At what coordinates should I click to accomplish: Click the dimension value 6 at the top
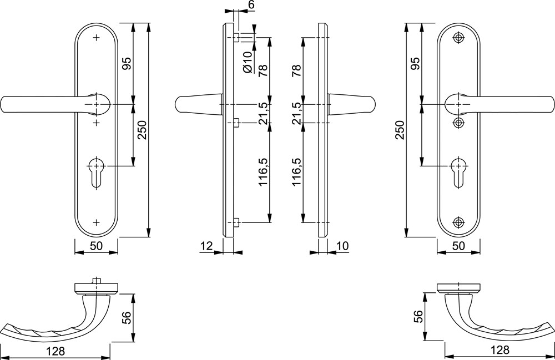[251, 5]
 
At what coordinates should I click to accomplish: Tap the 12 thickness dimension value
[206, 245]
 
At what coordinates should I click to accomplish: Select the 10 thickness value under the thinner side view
[342, 245]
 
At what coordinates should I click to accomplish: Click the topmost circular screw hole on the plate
[459, 38]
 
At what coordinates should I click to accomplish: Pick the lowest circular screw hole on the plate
[459, 222]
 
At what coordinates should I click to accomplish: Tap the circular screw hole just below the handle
[459, 123]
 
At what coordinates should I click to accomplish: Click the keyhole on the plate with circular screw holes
[459, 172]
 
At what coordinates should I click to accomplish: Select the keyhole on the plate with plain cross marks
[96, 172]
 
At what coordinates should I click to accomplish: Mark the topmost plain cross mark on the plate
[96, 38]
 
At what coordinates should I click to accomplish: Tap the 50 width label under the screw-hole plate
[458, 245]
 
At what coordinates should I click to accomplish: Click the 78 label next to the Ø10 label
[263, 71]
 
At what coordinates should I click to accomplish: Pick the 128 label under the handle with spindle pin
[56, 351]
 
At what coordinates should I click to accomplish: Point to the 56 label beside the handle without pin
[418, 316]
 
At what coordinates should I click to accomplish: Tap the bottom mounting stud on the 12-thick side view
[237, 222]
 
